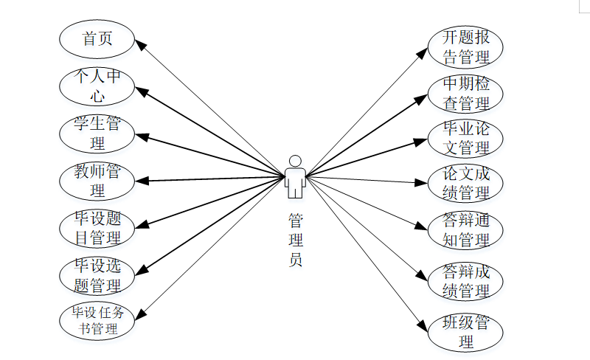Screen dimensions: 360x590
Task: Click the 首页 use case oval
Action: pos(97,39)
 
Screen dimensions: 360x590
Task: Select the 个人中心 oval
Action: pos(97,86)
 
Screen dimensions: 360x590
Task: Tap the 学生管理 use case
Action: pos(97,133)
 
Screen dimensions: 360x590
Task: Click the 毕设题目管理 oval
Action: pos(97,228)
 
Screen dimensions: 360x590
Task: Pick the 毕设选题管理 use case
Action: pos(97,275)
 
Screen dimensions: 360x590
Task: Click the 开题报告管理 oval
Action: pos(465,46)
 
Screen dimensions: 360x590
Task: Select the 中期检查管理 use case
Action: pos(465,93)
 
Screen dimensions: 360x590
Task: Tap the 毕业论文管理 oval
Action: pos(465,139)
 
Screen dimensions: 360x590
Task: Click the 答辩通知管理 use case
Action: pos(465,231)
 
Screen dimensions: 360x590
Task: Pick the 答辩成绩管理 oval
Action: pos(465,281)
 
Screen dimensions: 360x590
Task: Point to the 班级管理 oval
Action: pos(465,333)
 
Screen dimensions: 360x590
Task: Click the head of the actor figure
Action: pos(295,161)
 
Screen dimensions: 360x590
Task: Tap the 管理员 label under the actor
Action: pos(295,240)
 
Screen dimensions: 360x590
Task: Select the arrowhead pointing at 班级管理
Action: pos(424,325)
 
